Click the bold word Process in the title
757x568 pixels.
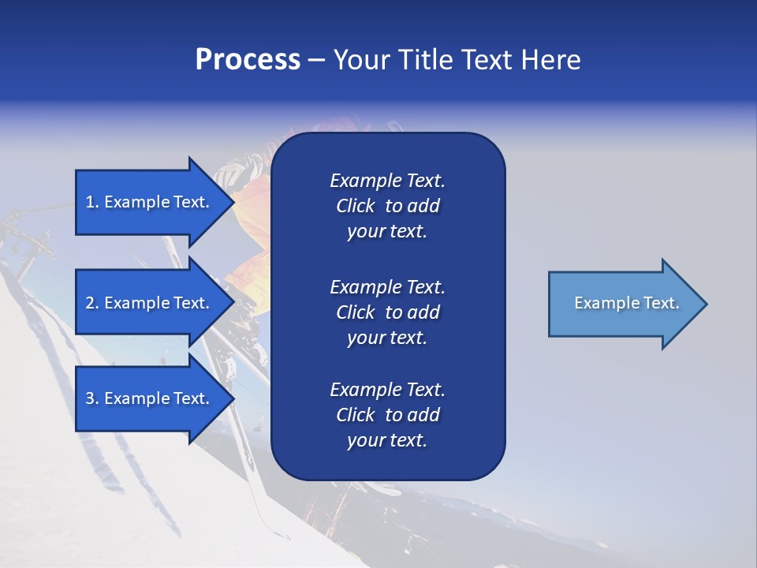(248, 60)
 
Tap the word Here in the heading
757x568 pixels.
(550, 60)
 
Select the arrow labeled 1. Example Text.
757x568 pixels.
(150, 202)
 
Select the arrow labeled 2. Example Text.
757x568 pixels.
(150, 303)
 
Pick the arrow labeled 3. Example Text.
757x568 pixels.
(150, 398)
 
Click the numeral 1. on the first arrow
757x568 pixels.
(92, 202)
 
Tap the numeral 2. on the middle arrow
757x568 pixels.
(92, 303)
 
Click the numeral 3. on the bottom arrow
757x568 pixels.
(92, 398)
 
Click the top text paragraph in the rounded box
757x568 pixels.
(387, 206)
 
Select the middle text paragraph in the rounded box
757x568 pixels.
(387, 312)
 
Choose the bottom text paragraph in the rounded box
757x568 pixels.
(387, 415)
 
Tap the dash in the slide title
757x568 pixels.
(316, 60)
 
